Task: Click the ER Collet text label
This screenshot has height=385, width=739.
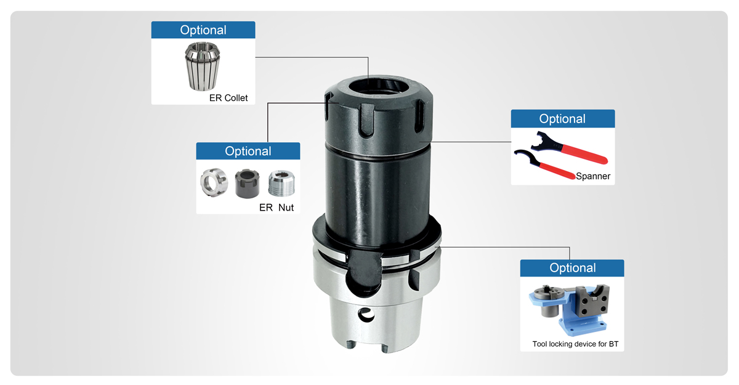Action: click(228, 98)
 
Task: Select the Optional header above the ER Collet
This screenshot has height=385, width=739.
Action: click(203, 30)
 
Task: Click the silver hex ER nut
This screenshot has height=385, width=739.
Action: click(212, 183)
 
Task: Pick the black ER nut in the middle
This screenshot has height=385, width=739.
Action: click(246, 184)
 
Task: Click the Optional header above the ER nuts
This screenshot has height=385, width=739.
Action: click(248, 152)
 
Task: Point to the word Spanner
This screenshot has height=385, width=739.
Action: click(593, 177)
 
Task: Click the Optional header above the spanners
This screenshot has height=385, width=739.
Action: click(562, 119)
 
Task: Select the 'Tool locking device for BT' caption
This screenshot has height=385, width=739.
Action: click(575, 344)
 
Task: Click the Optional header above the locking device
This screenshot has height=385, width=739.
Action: click(572, 268)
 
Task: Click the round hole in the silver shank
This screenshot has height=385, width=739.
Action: click(366, 315)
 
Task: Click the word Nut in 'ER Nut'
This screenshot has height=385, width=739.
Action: click(286, 208)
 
